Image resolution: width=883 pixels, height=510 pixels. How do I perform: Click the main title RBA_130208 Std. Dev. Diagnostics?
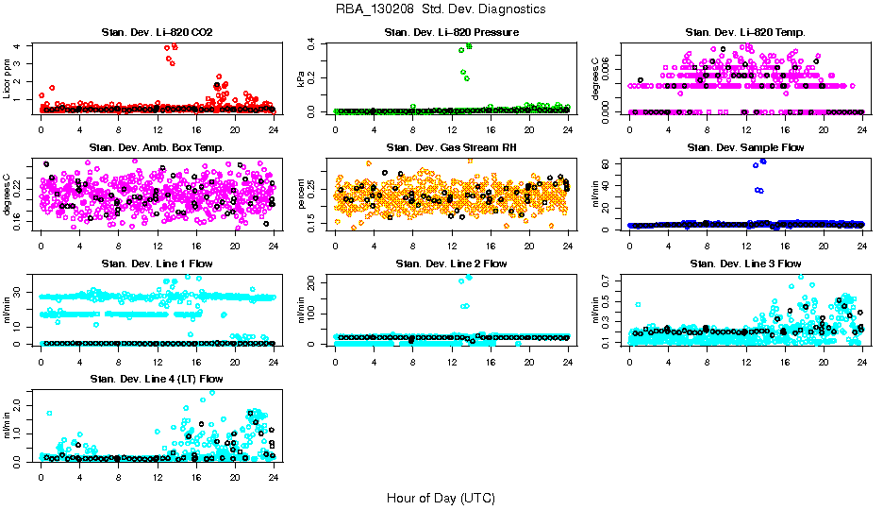[x=441, y=9]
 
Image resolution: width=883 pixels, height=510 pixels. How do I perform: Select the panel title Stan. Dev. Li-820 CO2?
[x=156, y=33]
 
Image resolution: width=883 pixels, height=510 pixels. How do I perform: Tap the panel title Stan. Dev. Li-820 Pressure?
[x=451, y=33]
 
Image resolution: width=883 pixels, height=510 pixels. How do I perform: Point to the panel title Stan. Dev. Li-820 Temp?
[x=744, y=33]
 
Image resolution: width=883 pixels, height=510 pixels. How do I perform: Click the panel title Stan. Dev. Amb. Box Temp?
[x=156, y=148]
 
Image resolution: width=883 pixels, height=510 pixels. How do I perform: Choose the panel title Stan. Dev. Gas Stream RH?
[x=451, y=148]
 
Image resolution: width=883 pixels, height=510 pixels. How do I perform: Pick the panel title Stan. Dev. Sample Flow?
[x=744, y=148]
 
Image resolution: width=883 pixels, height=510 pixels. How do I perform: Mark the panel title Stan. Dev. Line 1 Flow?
[x=156, y=263]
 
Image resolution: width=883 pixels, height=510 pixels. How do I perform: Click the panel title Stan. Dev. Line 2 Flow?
[x=451, y=263]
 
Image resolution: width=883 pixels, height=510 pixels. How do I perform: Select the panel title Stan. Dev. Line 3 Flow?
[x=744, y=263]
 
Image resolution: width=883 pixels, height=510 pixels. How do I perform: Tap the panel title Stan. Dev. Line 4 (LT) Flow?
[x=156, y=379]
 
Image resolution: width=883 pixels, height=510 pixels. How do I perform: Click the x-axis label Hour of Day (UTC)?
[x=441, y=498]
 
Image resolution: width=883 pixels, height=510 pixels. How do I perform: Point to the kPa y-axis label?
[x=302, y=77]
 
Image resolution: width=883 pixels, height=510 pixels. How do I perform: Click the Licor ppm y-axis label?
[x=8, y=77]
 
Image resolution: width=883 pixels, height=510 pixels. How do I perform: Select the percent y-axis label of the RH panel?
[x=302, y=193]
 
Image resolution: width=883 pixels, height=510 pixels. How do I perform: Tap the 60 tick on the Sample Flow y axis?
[x=610, y=164]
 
